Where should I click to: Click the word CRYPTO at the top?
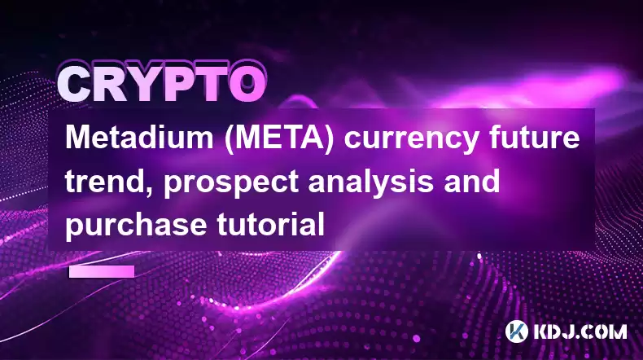pyautogui.click(x=161, y=83)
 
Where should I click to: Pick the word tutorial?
pyautogui.click(x=271, y=224)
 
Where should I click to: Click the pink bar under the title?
pyautogui.click(x=102, y=271)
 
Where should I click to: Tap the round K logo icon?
pyautogui.click(x=516, y=331)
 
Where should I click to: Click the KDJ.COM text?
pyautogui.click(x=580, y=331)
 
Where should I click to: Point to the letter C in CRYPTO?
pyautogui.click(x=75, y=84)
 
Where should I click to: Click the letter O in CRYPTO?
pyautogui.click(x=246, y=84)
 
